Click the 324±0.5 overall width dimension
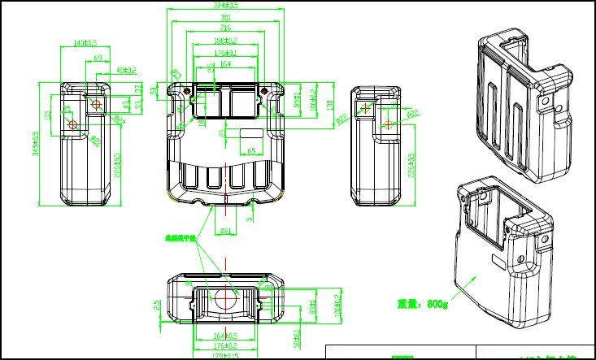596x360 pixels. (225, 7)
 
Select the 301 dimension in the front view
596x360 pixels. (225, 17)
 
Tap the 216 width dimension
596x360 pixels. (225, 28)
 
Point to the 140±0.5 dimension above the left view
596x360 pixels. (85, 42)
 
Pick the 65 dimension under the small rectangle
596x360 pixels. (251, 151)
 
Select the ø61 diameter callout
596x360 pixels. (226, 232)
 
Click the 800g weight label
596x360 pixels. (422, 304)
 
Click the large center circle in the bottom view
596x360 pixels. (225, 298)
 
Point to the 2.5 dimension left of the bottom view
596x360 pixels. (157, 305)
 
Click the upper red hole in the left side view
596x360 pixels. (97, 104)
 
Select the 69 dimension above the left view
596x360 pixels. (98, 59)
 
